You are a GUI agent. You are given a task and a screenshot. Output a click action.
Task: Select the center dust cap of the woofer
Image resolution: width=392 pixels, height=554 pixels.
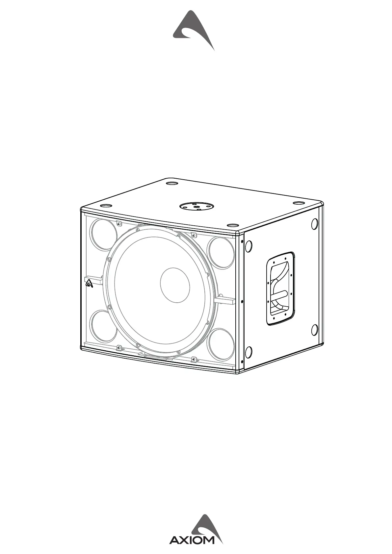coord(175,285)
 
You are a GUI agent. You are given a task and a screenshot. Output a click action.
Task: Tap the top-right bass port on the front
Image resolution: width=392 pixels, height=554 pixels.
coord(221,252)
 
